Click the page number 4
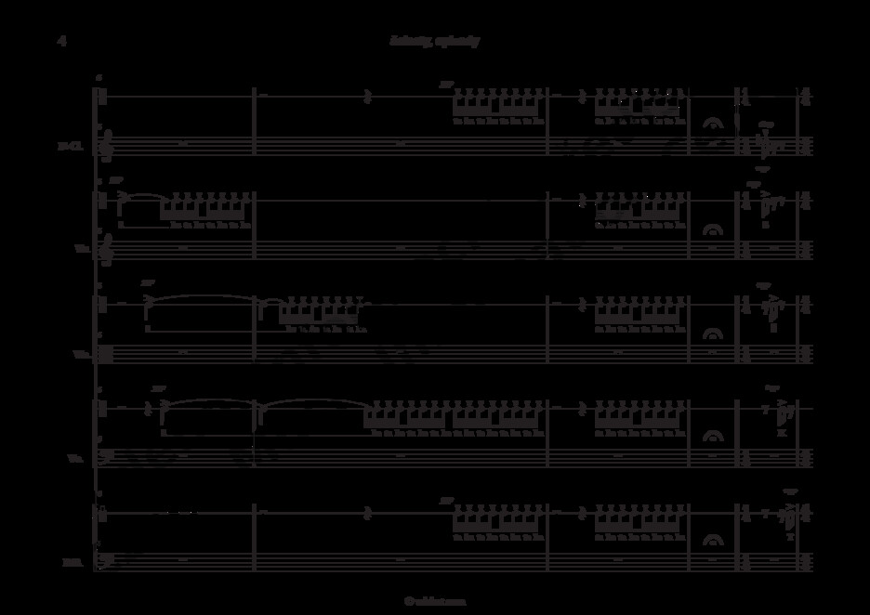pos(61,41)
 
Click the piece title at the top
pos(434,41)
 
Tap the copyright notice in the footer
pos(434,601)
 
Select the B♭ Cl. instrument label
pos(70,145)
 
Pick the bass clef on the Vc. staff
pos(106,456)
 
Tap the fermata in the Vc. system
pos(714,436)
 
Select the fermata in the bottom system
pos(714,540)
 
